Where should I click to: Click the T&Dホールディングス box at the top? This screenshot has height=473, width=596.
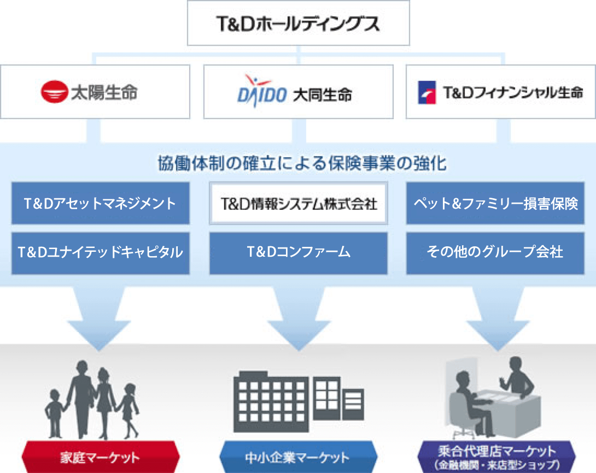[299, 23]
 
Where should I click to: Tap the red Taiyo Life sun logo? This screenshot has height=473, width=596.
[54, 92]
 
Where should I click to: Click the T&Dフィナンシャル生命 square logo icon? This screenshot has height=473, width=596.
[427, 92]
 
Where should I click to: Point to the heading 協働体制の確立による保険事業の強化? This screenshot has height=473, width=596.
[302, 164]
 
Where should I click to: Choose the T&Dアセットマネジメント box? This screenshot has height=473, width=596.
[101, 203]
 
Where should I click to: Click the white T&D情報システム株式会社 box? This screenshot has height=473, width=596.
[299, 203]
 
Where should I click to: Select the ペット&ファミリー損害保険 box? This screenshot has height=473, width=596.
[495, 203]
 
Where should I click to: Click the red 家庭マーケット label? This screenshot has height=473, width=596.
[101, 457]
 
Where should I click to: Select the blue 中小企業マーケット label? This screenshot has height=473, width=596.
[299, 457]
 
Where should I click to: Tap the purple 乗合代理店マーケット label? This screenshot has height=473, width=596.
[496, 457]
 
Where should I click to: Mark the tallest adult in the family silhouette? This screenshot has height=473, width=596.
[81, 399]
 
